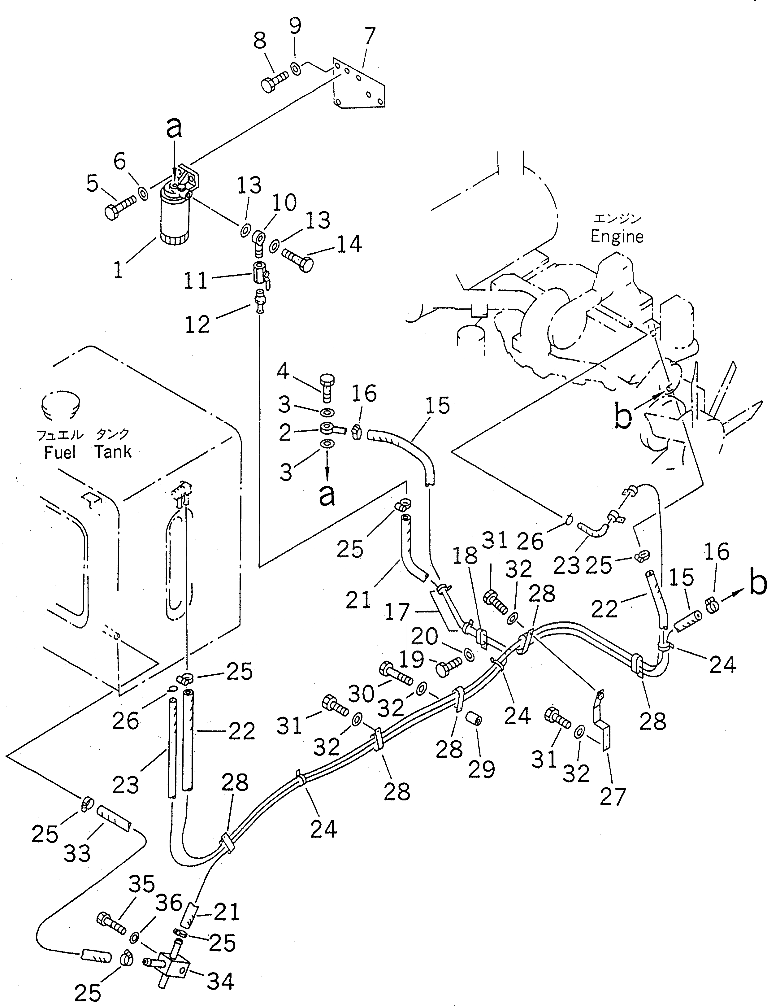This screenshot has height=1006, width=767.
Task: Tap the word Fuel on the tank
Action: tap(60, 452)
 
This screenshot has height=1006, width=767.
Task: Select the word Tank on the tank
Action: tap(113, 451)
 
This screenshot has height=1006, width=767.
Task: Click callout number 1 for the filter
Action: tap(118, 270)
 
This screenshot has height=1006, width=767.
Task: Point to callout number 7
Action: tap(370, 35)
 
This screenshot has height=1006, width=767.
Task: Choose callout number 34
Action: tap(220, 981)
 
